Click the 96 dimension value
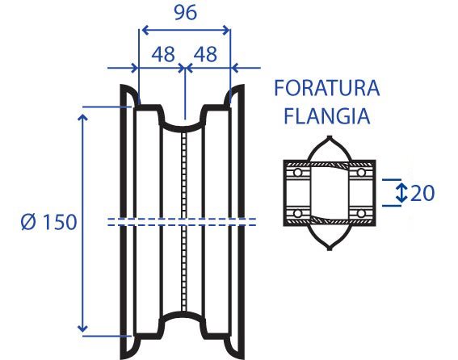pos(186,13)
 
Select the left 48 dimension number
pos(163,54)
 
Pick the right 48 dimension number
pos(206,54)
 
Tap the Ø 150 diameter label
pos(48,222)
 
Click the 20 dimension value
pos(422,193)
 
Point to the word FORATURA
pos(327,88)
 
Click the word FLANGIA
pos(327,116)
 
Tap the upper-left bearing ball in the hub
pos(297,173)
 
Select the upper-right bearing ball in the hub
pos(361,173)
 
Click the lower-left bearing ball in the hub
pos(297,213)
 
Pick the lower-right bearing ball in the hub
pos(361,213)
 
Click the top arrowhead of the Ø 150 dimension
pos(83,118)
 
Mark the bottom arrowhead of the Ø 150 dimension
pos(83,329)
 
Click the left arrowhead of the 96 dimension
pos(145,30)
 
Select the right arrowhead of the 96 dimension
pos(226,30)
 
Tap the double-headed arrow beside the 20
pos(401,193)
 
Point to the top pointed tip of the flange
pos(330,136)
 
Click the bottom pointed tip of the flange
pos(330,249)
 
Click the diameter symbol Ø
pos(28,222)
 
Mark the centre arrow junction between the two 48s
pos(185,68)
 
